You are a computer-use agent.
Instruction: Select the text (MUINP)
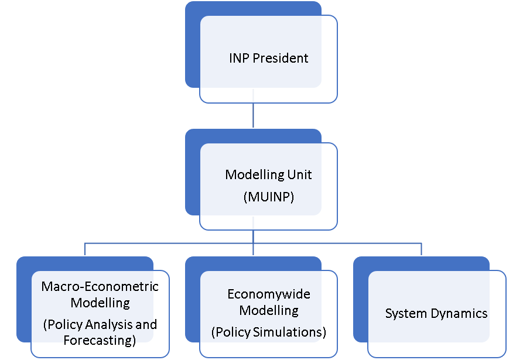tap(268, 197)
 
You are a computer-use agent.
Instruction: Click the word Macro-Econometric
tap(100, 287)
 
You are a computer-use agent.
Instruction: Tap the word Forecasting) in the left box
tap(100, 340)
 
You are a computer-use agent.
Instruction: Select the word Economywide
tap(269, 294)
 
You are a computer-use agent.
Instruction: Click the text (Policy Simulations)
tap(268, 332)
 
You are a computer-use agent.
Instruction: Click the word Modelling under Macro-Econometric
tap(100, 303)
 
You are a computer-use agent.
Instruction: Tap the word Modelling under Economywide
tap(269, 310)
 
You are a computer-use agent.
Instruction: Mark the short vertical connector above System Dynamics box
tap(422, 249)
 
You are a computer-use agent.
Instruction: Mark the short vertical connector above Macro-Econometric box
tap(85, 249)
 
